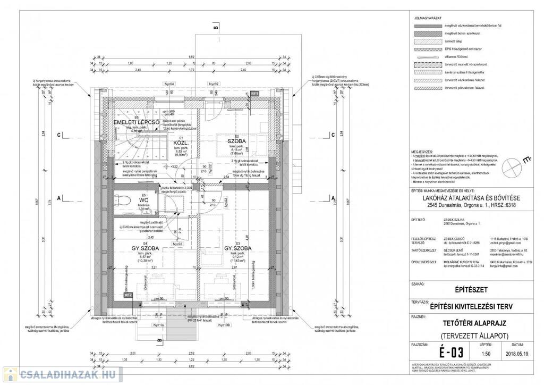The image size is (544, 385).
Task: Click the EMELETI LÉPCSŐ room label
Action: [x=137, y=123]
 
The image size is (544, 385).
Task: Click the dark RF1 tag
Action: [x=254, y=93]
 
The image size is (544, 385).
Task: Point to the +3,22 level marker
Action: [x=172, y=166]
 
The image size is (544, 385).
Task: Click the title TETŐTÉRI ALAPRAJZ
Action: [x=473, y=322]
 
